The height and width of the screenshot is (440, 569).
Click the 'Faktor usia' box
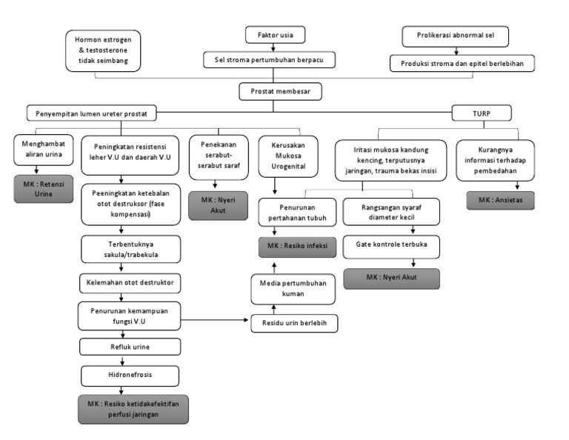pyautogui.click(x=275, y=35)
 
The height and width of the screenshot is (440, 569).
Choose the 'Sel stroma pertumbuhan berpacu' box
pyautogui.click(x=275, y=59)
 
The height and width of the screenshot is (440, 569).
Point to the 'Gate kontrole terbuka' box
pyautogui.click(x=391, y=244)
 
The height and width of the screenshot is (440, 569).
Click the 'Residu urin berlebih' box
pyautogui.click(x=295, y=323)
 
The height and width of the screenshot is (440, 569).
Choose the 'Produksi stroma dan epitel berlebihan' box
pyautogui.click(x=462, y=63)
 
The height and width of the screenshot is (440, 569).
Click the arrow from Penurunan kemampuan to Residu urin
pyautogui.click(x=215, y=319)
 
